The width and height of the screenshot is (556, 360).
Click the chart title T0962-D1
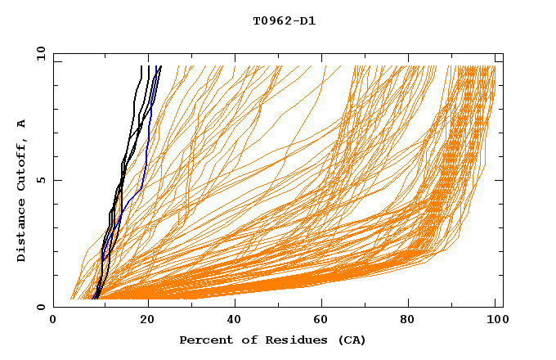[284, 20]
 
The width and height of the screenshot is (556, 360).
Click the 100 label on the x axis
[495, 321]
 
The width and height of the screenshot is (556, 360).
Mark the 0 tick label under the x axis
[54, 321]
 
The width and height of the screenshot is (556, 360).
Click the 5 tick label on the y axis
[41, 180]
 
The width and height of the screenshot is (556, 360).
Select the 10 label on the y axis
[38, 53]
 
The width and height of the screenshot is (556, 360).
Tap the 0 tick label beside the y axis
[41, 307]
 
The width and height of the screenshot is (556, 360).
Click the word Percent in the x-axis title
[204, 340]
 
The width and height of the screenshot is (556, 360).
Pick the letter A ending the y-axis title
[22, 123]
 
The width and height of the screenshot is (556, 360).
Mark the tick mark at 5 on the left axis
[56, 180]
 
